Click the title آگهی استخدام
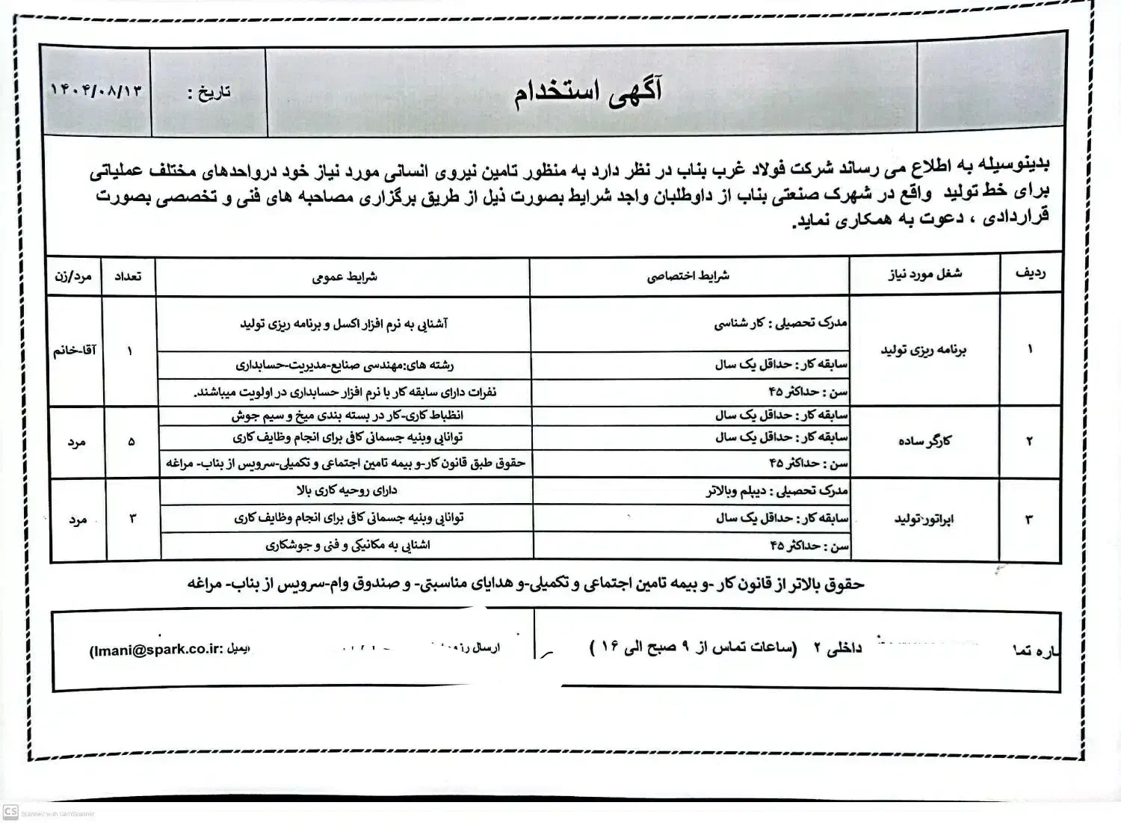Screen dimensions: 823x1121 [x=588, y=93]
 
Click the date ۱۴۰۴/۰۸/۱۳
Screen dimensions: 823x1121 [x=96, y=91]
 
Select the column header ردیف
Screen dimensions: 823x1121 [x=1030, y=274]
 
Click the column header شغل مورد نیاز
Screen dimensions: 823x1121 [x=924, y=274]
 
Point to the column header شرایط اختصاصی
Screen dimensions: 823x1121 [x=688, y=276]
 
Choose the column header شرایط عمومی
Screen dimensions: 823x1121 [x=344, y=277]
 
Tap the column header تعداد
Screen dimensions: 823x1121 [x=128, y=277]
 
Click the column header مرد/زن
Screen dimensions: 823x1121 [x=73, y=277]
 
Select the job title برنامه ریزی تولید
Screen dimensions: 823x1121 [x=924, y=350]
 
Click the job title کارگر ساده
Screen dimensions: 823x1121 [x=924, y=441]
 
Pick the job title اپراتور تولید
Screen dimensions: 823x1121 [x=924, y=519]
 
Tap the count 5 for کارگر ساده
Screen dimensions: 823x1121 [x=132, y=442]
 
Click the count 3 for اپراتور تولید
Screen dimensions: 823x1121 [x=133, y=518]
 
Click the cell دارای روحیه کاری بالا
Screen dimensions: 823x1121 [x=346, y=490]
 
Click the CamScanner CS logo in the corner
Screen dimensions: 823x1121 [x=10, y=812]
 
